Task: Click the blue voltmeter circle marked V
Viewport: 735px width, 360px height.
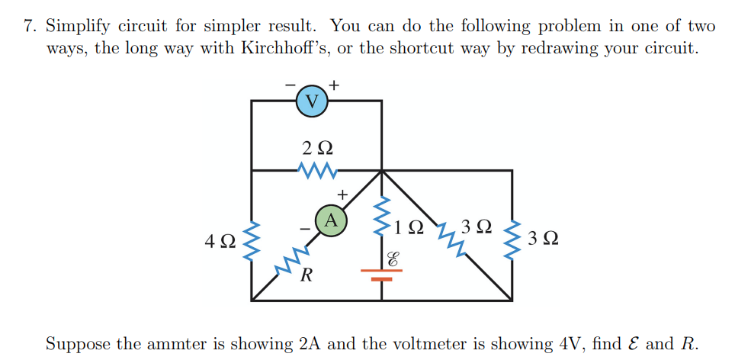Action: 312,101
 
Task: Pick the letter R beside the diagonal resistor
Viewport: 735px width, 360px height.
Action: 306,275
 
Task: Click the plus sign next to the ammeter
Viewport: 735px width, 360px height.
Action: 343,195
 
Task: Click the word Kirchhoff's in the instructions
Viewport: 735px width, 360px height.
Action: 286,48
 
